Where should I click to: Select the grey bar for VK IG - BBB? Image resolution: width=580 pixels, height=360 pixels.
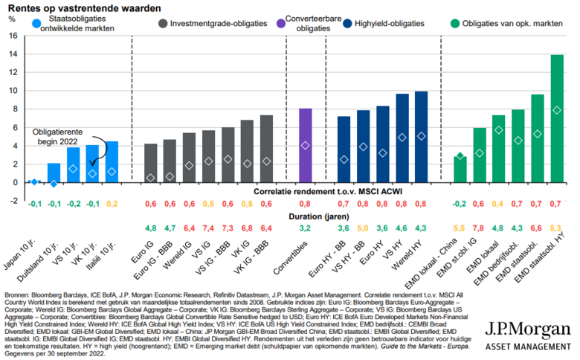(x=266, y=149)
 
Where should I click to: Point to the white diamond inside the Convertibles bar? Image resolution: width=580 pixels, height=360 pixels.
(x=305, y=146)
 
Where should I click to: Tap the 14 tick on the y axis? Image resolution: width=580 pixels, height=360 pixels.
(x=12, y=54)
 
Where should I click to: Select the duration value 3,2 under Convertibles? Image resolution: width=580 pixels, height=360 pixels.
(x=305, y=230)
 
